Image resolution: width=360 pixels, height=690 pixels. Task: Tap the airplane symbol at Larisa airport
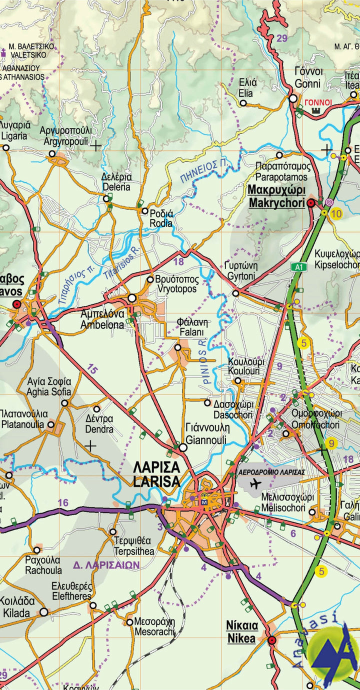(x=255, y=483)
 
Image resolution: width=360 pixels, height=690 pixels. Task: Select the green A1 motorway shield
(x=298, y=267)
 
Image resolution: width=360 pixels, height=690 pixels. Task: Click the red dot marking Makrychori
(x=310, y=202)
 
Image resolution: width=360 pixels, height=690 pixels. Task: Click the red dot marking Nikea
(x=272, y=640)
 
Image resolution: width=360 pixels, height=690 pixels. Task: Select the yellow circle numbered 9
(x=331, y=443)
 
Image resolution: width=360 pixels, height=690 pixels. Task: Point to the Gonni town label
(x=308, y=77)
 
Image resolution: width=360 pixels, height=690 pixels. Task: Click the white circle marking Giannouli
(x=183, y=447)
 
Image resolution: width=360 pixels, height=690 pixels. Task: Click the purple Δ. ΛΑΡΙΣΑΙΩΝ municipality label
(x=106, y=565)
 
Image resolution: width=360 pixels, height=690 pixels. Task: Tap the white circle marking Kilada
(x=44, y=612)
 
